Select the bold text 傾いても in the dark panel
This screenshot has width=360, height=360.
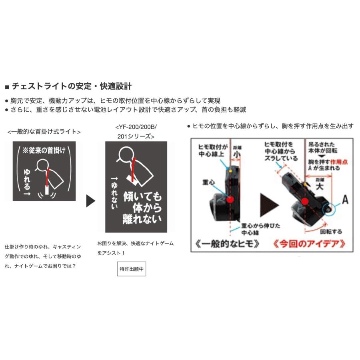[143, 197]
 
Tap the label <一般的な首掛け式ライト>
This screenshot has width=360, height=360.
[44, 131]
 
